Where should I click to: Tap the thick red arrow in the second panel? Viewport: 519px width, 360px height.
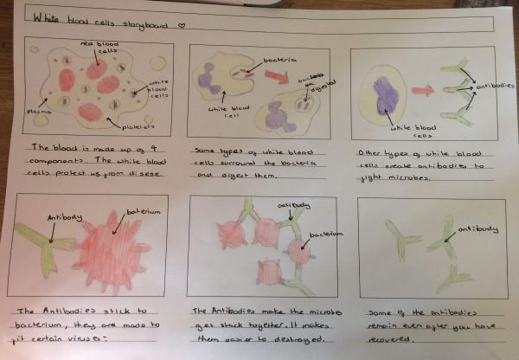(274, 75)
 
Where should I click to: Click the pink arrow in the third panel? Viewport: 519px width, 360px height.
(423, 89)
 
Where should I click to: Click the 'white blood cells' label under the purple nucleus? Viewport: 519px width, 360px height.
(409, 131)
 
